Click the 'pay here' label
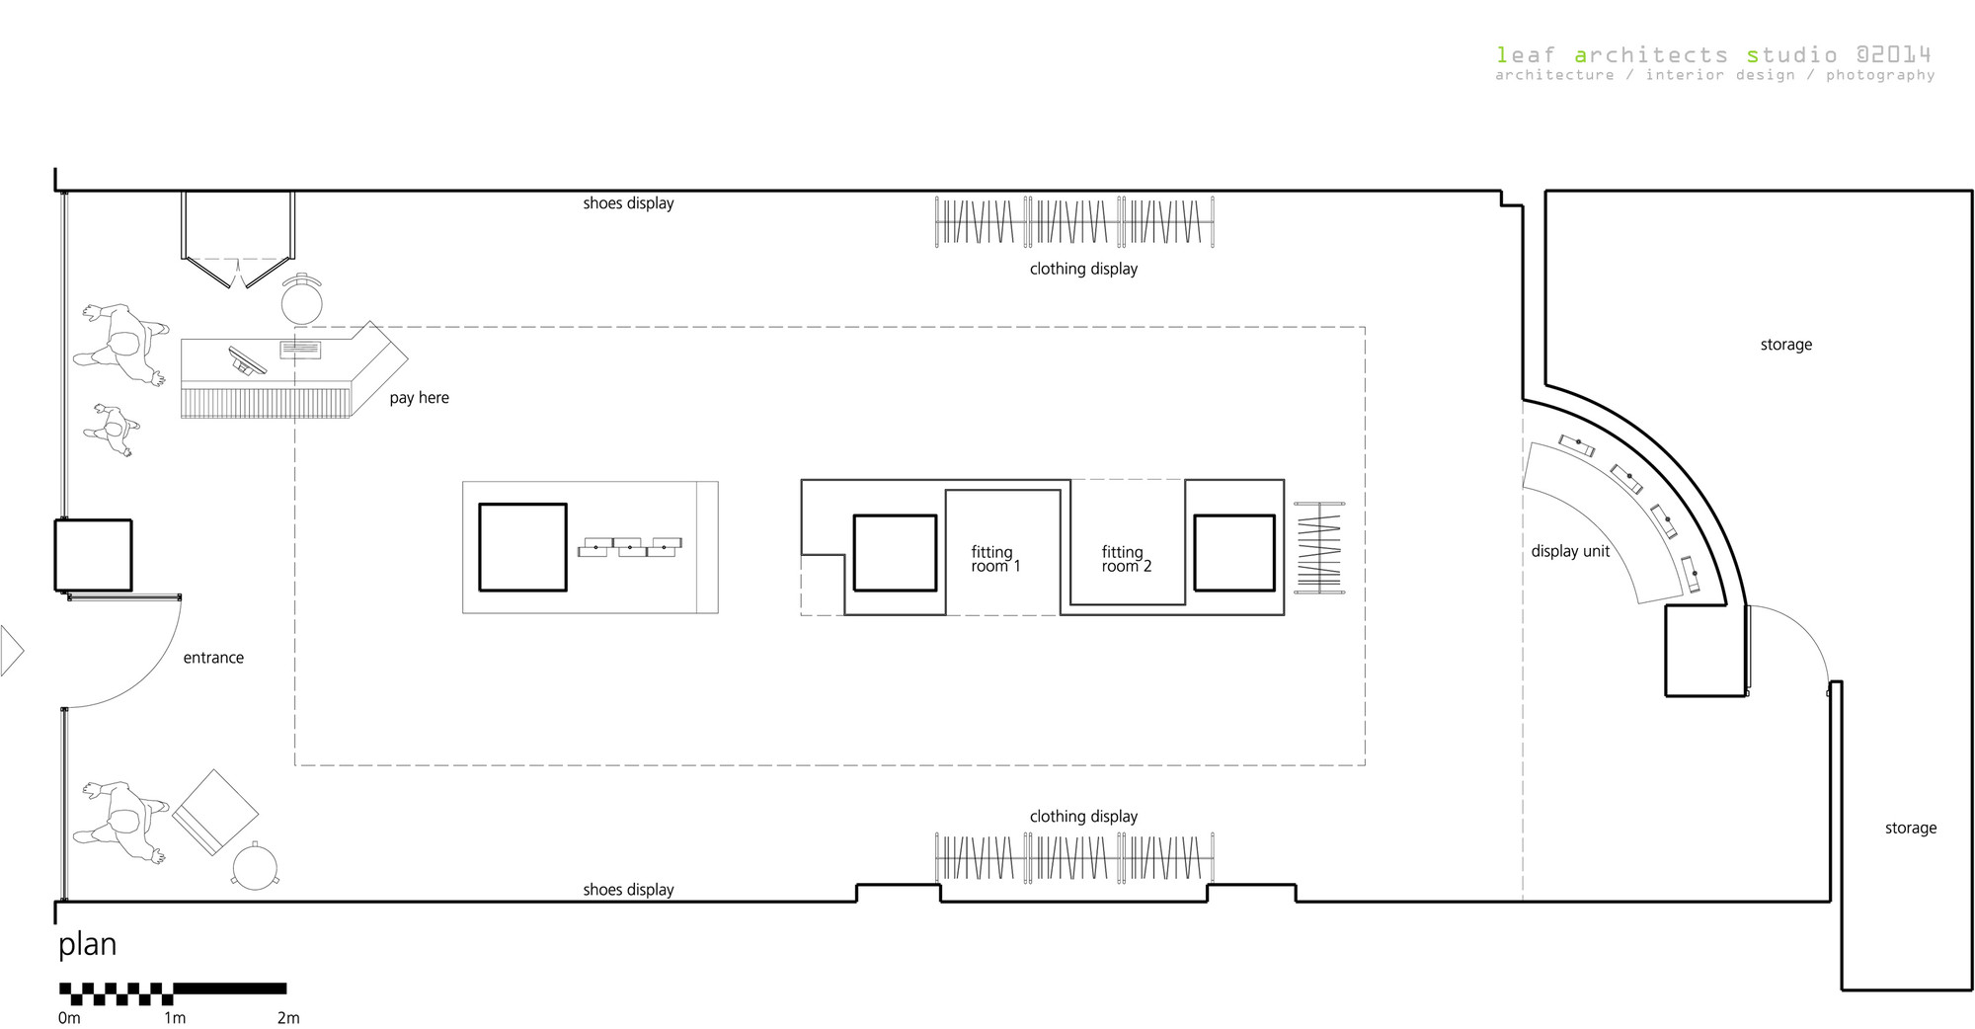419,398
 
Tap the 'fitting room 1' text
995,559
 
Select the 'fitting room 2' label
1127,559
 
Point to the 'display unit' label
1570,551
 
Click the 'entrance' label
213,658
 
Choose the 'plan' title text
87,945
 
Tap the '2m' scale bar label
288,1017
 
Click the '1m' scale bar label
175,1017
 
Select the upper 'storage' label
1785,345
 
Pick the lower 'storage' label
1910,829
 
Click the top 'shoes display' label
628,203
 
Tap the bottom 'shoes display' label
628,890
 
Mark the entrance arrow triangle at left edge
11,651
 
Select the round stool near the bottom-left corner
256,866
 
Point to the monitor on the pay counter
247,360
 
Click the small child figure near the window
113,430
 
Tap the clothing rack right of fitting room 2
1319,547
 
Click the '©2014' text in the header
1893,55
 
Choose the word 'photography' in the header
1880,75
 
